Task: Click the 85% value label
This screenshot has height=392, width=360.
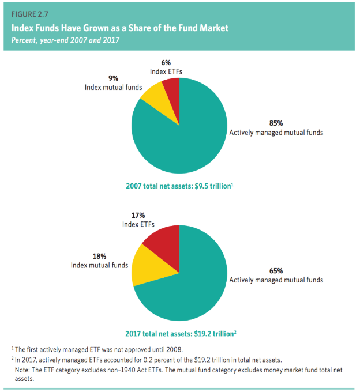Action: [x=276, y=123]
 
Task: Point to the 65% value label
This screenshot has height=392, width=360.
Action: [x=276, y=270]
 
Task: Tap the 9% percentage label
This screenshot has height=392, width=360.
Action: [x=113, y=78]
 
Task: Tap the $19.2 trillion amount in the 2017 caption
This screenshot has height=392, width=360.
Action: [x=213, y=333]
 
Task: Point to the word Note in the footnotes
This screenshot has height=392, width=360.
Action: [x=24, y=370]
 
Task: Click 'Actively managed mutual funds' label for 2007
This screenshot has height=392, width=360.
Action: [x=276, y=132]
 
